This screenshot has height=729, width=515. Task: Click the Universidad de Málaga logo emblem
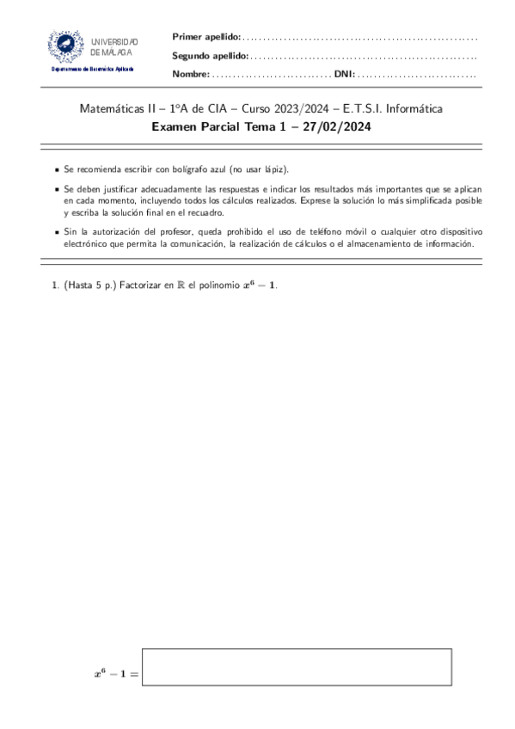(x=66, y=45)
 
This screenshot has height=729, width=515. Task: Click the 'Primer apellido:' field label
(x=206, y=37)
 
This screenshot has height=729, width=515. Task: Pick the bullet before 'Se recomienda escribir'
(x=57, y=171)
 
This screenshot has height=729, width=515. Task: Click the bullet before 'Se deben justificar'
(x=57, y=189)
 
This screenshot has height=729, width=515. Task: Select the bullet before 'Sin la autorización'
(x=57, y=233)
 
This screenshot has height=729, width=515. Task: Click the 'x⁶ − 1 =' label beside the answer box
(x=116, y=673)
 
